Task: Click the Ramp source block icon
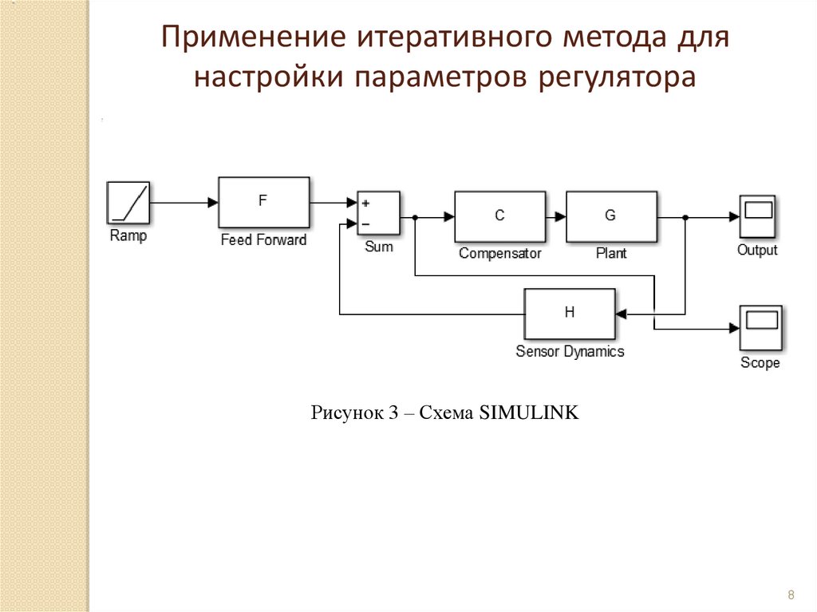coord(128,203)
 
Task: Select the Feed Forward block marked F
coord(263,203)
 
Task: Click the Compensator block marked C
coord(500,216)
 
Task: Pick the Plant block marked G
coord(611,216)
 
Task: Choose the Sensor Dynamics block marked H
coord(570,314)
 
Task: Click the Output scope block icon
coord(757,215)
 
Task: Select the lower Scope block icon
coord(760,327)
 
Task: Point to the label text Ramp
coord(128,236)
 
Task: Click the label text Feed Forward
coord(263,240)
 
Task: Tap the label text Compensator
coord(500,254)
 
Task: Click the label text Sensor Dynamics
coord(570,351)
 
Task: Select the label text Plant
coord(611,254)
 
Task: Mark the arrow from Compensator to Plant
coord(556,216)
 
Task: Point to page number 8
coord(791,594)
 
